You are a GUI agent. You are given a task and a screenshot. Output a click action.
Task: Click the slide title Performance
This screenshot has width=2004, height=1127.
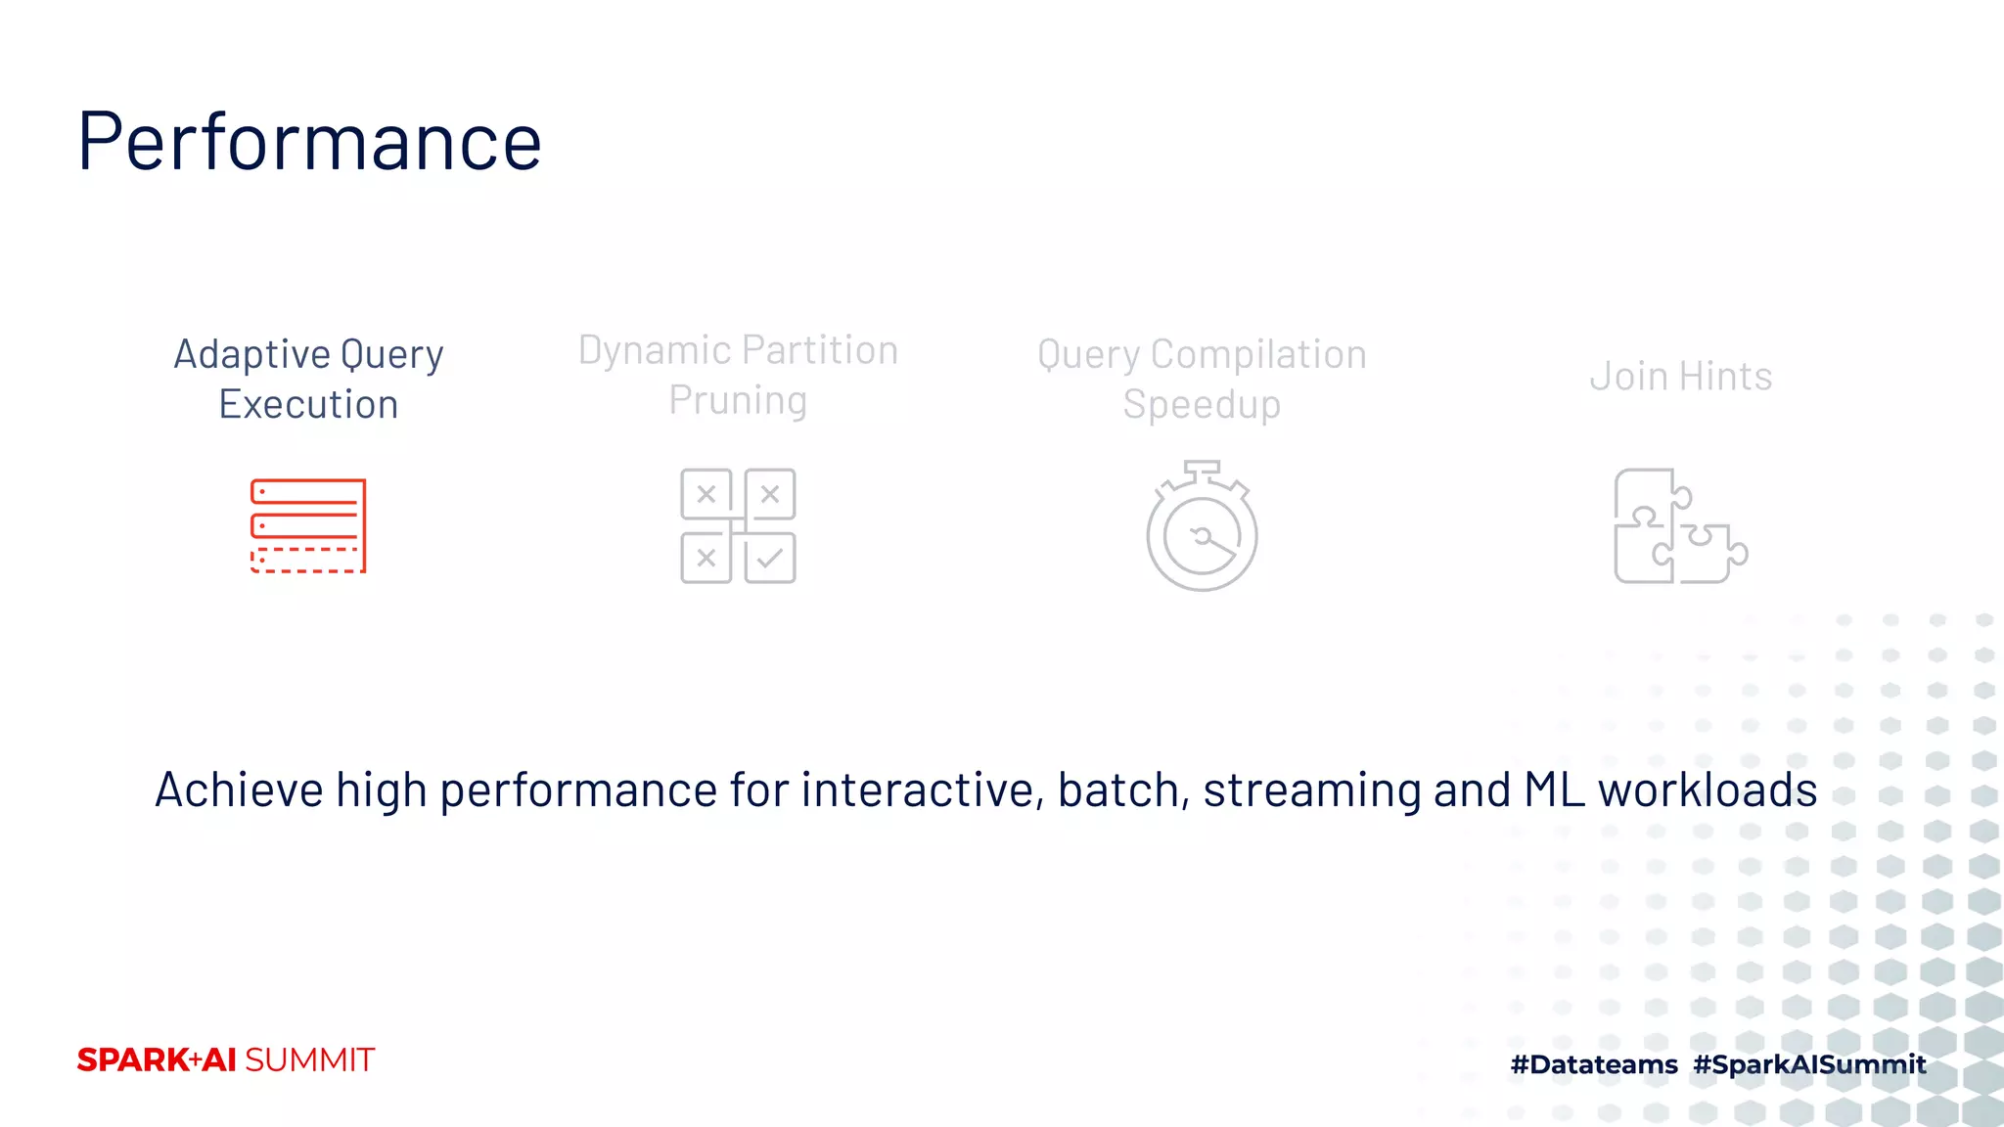(x=309, y=142)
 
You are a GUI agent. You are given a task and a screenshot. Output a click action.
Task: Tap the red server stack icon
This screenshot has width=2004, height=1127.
(x=308, y=525)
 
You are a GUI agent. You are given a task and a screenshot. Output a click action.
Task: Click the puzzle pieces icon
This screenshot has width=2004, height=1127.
(x=1679, y=526)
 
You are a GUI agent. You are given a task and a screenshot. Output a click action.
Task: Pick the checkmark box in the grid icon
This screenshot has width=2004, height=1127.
(x=770, y=559)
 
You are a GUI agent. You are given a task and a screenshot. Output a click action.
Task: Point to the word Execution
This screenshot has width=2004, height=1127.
(x=308, y=404)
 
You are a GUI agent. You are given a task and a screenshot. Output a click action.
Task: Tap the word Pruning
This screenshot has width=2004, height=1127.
(x=738, y=400)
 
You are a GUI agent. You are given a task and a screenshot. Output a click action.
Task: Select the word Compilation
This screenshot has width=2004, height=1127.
(x=1258, y=354)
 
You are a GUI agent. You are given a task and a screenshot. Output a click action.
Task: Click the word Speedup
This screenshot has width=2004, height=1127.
(x=1202, y=404)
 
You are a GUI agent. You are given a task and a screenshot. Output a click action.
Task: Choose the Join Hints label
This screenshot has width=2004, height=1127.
(x=1680, y=377)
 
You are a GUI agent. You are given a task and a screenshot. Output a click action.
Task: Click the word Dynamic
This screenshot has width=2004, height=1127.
(x=655, y=350)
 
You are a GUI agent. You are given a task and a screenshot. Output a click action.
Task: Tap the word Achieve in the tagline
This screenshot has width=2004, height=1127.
(x=239, y=789)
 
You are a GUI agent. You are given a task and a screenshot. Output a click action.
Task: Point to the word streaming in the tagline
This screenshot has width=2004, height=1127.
(x=1311, y=789)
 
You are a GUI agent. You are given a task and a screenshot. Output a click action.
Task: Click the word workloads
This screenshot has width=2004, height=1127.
(x=1708, y=789)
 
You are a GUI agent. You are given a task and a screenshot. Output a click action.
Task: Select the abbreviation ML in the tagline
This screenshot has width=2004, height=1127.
(x=1554, y=789)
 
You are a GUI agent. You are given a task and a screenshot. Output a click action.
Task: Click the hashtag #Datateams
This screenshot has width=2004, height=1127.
(x=1594, y=1064)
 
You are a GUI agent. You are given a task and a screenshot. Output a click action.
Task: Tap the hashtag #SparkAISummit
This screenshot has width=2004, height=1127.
(x=1809, y=1064)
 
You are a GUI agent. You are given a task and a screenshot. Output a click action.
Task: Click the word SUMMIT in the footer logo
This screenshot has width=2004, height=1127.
(x=309, y=1060)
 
